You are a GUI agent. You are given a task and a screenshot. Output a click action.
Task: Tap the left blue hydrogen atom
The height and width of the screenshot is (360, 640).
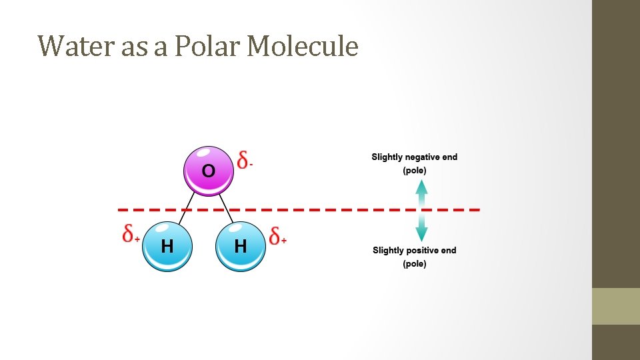tap(167, 246)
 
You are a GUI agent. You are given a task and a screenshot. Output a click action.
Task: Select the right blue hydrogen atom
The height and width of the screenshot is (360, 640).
tap(241, 246)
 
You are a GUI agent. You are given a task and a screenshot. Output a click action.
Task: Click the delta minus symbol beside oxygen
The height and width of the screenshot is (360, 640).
tap(245, 160)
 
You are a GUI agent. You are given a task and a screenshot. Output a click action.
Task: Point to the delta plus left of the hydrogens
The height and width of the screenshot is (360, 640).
tap(131, 233)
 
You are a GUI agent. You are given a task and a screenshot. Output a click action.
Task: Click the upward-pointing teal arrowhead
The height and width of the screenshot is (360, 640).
tap(421, 187)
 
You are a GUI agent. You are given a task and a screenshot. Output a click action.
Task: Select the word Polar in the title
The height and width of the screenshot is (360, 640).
tap(207, 47)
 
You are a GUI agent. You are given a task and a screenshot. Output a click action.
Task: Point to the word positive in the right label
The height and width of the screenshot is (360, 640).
tap(422, 251)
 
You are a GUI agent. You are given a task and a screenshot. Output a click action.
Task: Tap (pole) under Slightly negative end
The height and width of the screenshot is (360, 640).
tap(415, 171)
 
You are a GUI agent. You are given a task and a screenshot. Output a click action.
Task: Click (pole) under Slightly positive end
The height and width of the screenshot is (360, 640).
tap(415, 264)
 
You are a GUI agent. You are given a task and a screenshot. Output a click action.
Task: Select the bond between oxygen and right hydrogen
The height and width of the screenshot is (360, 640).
tap(226, 208)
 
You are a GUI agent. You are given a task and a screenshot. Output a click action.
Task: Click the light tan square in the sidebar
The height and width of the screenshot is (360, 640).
tap(616, 306)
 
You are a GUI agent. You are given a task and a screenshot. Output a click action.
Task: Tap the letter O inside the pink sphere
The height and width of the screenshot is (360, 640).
tap(209, 171)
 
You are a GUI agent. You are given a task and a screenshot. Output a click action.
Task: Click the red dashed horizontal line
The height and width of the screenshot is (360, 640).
tap(333, 209)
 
